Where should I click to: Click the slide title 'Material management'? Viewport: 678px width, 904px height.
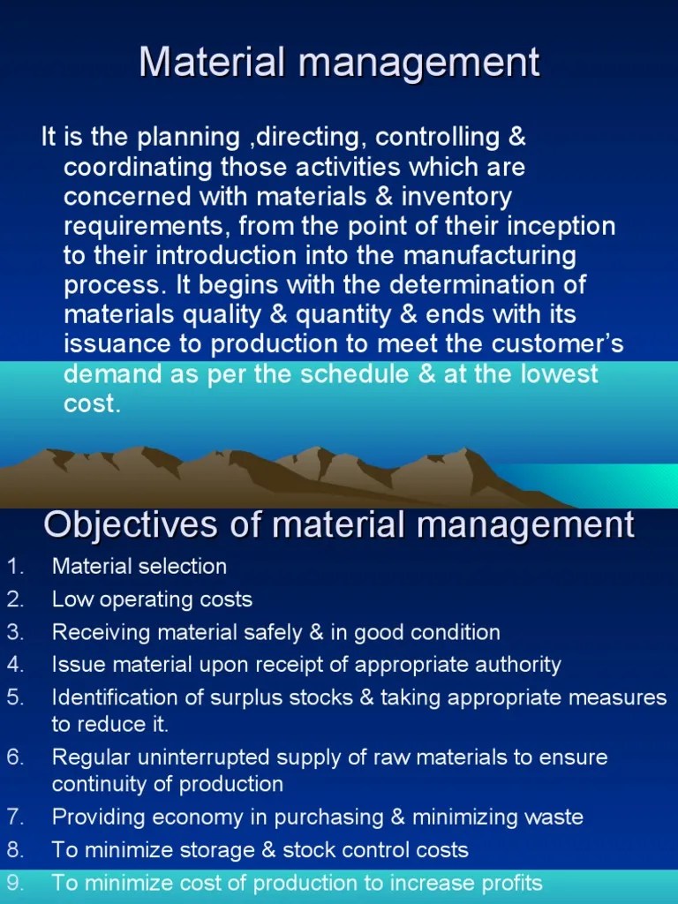click(x=339, y=64)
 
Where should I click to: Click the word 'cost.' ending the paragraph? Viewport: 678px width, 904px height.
click(x=91, y=403)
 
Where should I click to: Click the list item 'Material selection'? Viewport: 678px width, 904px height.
click(x=139, y=567)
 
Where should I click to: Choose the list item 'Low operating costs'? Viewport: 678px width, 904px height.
click(x=152, y=599)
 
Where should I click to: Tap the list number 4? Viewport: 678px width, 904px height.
click(x=13, y=664)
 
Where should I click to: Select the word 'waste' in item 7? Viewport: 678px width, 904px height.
click(x=554, y=817)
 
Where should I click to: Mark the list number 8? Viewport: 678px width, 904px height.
click(x=13, y=850)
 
